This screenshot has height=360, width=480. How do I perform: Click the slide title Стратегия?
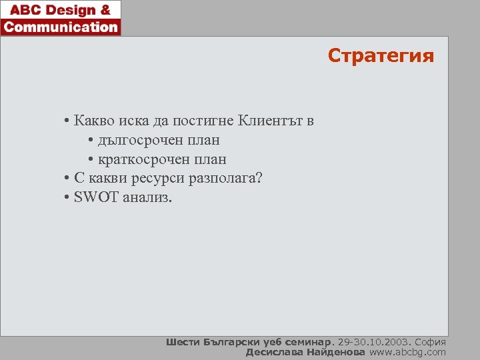pos(381,56)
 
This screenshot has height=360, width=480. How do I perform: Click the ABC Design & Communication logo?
pos(61,18)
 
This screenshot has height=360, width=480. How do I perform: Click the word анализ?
pos(147,198)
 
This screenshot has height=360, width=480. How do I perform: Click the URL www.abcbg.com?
pos(407,352)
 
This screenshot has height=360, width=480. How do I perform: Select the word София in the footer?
pos(430,342)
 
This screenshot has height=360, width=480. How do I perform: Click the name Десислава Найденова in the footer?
pos(305,352)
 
